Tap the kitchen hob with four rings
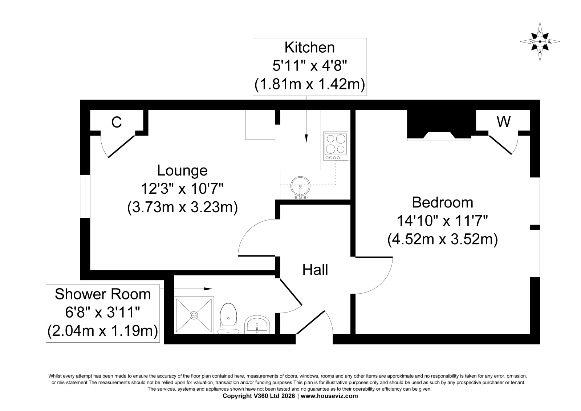tap(336, 146)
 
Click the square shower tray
tap(194, 315)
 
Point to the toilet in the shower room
tap(228, 318)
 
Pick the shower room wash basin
tap(257, 325)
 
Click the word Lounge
tap(182, 170)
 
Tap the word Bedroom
tap(443, 202)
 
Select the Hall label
tap(315, 270)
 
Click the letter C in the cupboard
tap(117, 122)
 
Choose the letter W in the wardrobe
tap(504, 121)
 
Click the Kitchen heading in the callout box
tap(310, 48)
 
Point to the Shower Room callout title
tap(103, 294)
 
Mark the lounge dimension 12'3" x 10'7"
tap(182, 189)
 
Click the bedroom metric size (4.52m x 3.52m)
tap(443, 239)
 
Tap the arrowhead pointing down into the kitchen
tap(306, 138)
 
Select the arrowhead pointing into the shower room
tap(208, 289)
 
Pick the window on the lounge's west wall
tap(85, 196)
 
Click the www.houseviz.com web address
tap(329, 396)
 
